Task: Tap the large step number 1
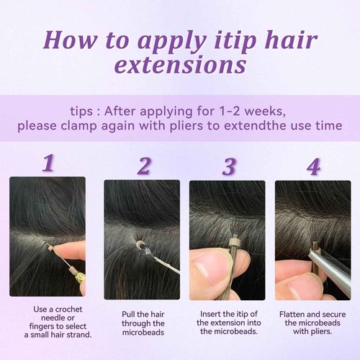tap(48, 163)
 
